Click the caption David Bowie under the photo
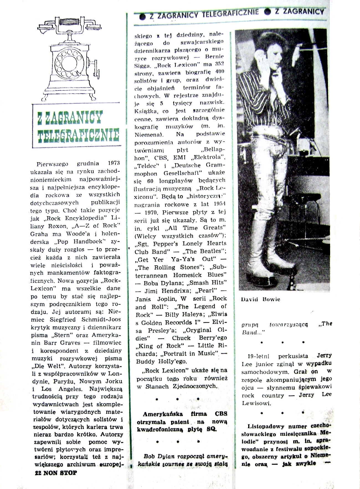coord(260,299)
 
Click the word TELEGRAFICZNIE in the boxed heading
coord(78,135)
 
